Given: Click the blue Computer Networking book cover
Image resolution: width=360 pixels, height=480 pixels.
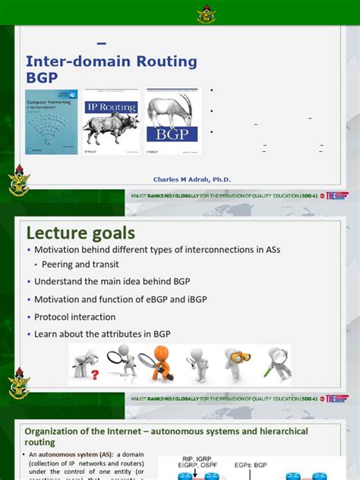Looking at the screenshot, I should coord(52,121).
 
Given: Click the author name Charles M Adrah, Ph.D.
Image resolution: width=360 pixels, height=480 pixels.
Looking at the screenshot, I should coord(192,179).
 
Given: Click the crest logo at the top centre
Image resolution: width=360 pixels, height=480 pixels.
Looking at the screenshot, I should coord(180,11).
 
